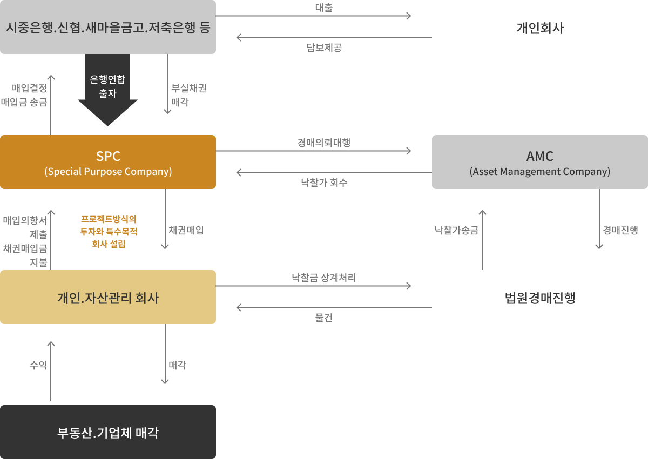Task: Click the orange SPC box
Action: pos(108,162)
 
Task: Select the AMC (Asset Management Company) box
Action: pos(540,162)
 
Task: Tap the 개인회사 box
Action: pos(540,27)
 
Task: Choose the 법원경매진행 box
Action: pos(540,297)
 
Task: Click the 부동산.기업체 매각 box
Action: pos(108,432)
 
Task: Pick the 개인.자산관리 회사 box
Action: pos(108,297)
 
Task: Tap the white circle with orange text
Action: pos(109,229)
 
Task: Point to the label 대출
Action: pos(323,8)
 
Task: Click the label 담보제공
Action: pos(323,48)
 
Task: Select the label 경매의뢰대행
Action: pos(323,143)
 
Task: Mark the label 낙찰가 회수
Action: pos(323,183)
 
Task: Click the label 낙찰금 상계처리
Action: pos(323,278)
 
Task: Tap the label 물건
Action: pos(323,318)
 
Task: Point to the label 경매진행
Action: pos(620,230)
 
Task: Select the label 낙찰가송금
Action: pos(457,230)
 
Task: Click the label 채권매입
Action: pos(186,230)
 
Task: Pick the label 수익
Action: pos(38,365)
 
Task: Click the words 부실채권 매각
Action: pos(188,95)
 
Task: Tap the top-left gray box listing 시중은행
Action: pos(108,27)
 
